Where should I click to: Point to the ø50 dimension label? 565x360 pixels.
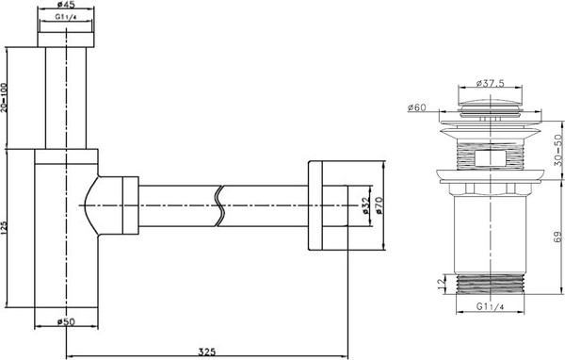[67, 321]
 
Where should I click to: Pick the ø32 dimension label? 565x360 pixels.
[364, 205]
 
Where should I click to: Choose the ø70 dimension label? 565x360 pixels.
[380, 205]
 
